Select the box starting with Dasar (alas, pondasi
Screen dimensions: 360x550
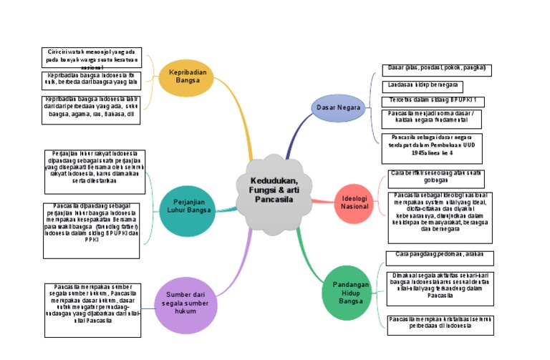click(436, 69)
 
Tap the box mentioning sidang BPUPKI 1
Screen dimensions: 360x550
click(433, 100)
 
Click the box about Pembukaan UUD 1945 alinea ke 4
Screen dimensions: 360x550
click(432, 148)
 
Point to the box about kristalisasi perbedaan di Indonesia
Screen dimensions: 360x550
click(439, 324)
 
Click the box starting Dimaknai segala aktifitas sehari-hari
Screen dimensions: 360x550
click(439, 286)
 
